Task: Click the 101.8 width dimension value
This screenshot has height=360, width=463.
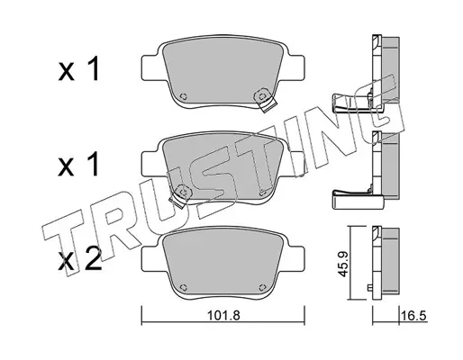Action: [x=223, y=316]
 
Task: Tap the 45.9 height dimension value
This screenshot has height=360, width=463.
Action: [x=343, y=264]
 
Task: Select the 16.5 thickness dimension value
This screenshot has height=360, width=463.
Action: [x=413, y=316]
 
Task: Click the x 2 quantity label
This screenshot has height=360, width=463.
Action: [x=80, y=258]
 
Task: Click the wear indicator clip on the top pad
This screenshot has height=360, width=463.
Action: [x=264, y=102]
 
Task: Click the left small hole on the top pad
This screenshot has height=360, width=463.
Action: [x=183, y=97]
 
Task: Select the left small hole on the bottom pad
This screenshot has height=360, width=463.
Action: [x=183, y=287]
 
